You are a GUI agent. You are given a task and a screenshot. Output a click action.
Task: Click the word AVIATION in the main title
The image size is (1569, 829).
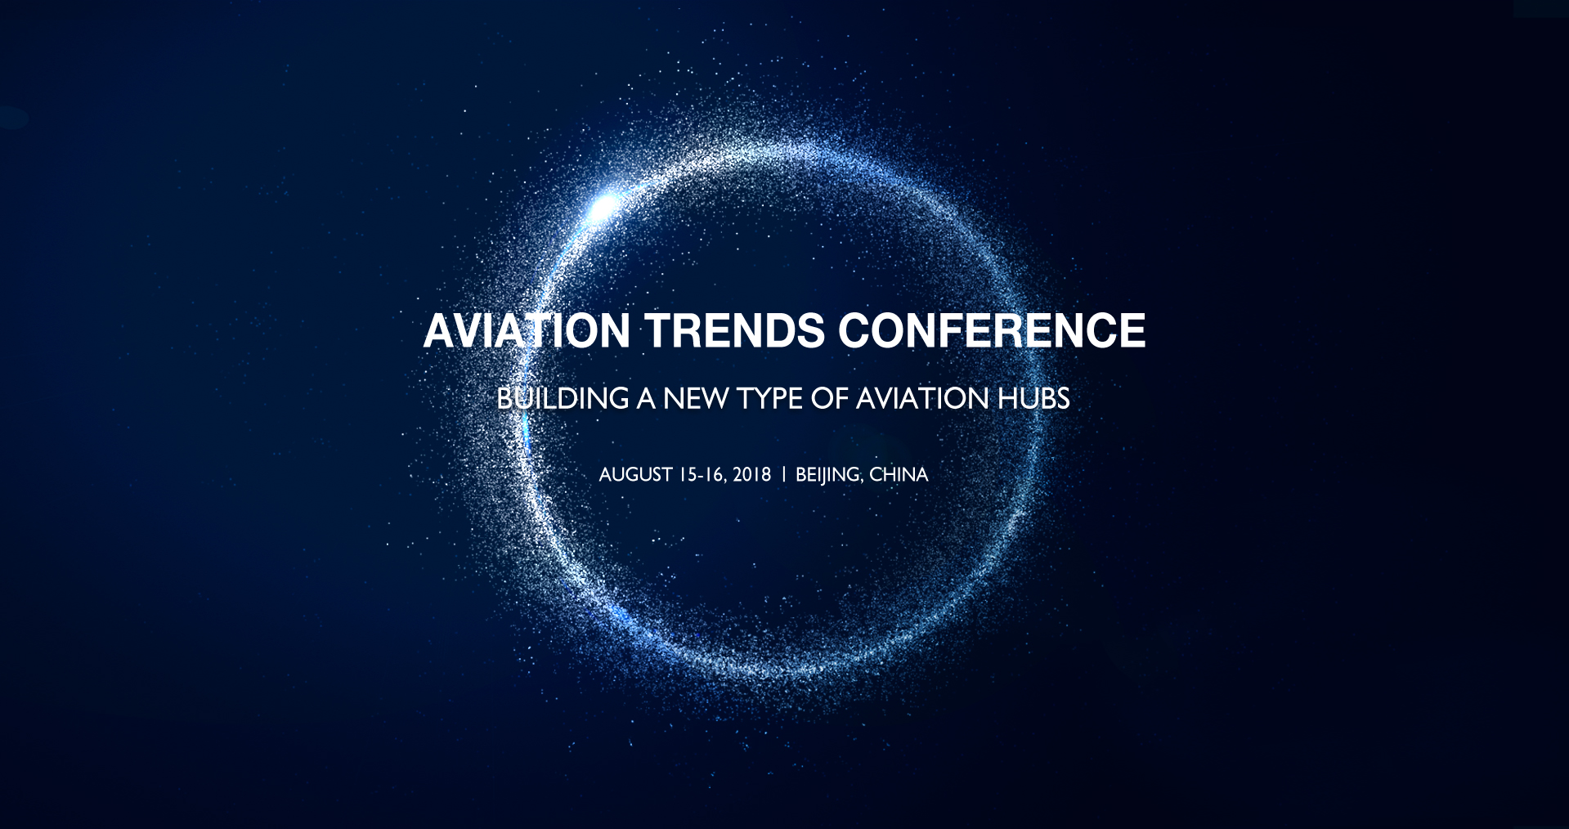click(x=527, y=331)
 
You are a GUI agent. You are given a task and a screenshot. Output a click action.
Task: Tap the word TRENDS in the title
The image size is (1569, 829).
click(x=735, y=331)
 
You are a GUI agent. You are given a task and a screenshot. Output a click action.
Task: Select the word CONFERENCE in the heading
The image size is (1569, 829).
click(x=992, y=331)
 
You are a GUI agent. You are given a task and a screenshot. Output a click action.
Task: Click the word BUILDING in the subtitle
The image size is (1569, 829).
click(x=563, y=399)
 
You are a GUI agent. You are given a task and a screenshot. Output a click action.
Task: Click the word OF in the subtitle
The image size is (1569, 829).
click(x=829, y=399)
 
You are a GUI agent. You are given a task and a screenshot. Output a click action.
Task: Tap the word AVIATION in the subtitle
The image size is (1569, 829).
click(x=922, y=399)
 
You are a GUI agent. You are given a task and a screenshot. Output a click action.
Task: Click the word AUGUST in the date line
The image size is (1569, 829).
click(x=636, y=475)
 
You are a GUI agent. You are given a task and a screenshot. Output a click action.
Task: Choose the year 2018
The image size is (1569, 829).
click(x=752, y=475)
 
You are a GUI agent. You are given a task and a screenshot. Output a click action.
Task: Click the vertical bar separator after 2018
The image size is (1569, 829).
click(x=784, y=475)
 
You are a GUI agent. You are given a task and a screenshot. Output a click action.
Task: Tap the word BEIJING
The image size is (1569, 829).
click(x=828, y=475)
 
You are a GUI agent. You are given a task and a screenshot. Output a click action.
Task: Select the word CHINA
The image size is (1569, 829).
click(x=899, y=475)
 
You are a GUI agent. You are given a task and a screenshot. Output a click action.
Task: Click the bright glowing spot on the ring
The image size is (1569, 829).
click(x=604, y=207)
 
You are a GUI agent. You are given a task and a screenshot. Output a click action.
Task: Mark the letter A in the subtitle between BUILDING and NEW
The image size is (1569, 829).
click(x=646, y=399)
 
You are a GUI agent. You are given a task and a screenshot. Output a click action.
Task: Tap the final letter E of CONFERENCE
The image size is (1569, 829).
click(x=1132, y=331)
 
